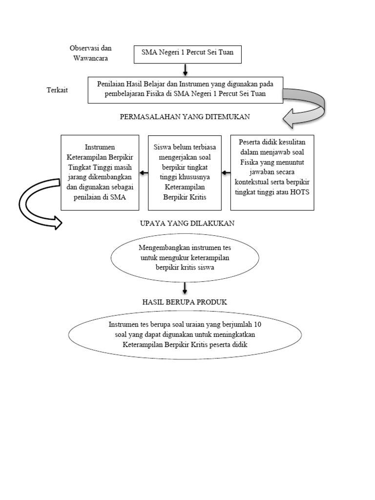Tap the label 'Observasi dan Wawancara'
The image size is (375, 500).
(x=91, y=53)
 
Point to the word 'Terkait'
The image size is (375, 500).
(x=58, y=90)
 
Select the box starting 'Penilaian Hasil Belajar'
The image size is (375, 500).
(x=185, y=89)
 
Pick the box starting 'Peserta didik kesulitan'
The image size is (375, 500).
(x=272, y=172)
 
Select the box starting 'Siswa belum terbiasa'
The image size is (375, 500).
(x=185, y=172)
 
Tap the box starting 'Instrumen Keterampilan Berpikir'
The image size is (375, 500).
(x=99, y=172)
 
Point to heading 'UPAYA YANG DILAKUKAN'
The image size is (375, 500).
(x=187, y=223)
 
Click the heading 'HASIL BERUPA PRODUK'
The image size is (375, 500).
(x=185, y=302)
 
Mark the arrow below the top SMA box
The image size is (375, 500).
(x=185, y=69)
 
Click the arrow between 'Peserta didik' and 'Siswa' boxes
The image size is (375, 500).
(x=226, y=172)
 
